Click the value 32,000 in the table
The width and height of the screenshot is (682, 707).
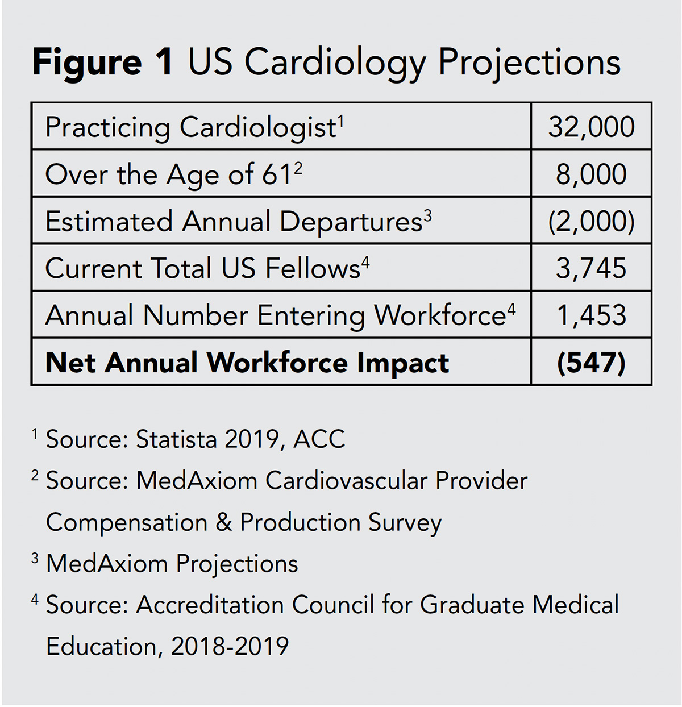[591, 127]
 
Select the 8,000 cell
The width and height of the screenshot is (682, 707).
[591, 174]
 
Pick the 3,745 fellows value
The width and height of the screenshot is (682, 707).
[591, 268]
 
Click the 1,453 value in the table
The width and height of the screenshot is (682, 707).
[591, 315]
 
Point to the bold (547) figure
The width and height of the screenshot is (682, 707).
[591, 363]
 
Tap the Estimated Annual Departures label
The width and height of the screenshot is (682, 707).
[233, 222]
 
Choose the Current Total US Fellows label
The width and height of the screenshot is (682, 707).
[202, 268]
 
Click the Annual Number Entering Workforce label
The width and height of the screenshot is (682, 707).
[275, 315]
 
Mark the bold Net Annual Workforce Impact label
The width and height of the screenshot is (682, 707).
[247, 363]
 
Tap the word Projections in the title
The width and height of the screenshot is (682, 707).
[529, 63]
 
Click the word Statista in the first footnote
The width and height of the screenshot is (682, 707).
[177, 439]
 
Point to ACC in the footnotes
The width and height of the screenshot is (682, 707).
[319, 439]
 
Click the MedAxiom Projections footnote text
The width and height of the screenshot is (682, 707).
[172, 564]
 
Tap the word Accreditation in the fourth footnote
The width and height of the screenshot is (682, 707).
[209, 605]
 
